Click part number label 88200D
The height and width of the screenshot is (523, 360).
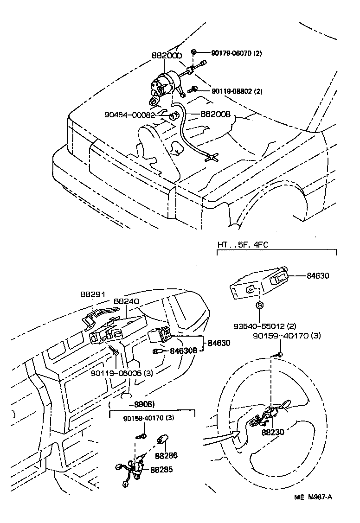click(x=167, y=55)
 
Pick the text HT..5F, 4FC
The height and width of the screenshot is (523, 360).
click(x=243, y=244)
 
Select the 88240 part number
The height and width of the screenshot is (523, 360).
click(x=127, y=301)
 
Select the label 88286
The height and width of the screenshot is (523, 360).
click(x=167, y=456)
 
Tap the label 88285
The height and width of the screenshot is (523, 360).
click(x=161, y=469)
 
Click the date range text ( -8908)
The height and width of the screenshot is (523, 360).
click(x=132, y=404)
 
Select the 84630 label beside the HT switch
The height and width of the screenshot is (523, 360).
click(x=318, y=275)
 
